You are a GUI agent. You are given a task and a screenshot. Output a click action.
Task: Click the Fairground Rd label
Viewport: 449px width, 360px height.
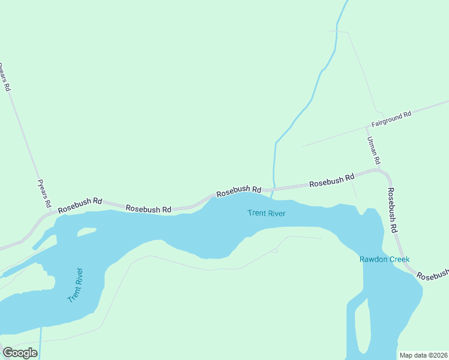[x=391, y=118]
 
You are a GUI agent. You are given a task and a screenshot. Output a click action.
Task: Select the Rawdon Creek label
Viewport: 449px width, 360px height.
[x=384, y=260]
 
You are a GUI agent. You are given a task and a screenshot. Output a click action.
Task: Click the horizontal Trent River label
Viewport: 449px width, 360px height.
[x=266, y=213]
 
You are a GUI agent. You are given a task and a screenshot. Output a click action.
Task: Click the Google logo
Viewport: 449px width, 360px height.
[x=20, y=353]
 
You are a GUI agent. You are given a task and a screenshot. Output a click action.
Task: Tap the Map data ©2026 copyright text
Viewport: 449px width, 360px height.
[x=423, y=355]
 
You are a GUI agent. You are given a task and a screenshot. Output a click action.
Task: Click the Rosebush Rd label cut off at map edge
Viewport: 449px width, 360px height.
[x=433, y=275]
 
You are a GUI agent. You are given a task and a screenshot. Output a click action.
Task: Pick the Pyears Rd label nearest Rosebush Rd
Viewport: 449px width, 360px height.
[x=44, y=193]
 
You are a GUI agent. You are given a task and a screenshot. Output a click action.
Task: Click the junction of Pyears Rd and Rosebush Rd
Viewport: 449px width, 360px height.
[x=51, y=212]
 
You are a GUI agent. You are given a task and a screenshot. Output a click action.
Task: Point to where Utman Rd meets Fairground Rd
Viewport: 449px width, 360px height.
[x=368, y=127]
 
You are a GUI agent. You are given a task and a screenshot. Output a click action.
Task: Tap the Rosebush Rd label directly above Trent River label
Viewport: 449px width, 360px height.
[x=239, y=191]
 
